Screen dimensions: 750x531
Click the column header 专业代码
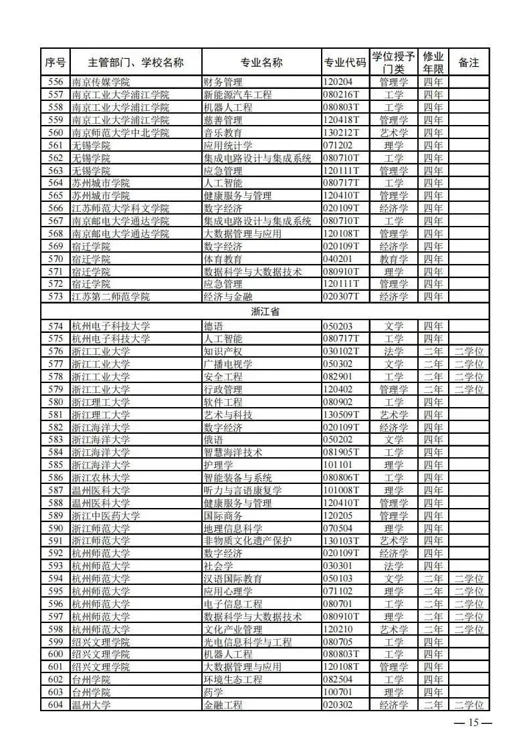[x=345, y=63]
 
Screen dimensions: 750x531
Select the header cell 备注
[x=469, y=63]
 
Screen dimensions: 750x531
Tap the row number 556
[x=56, y=82]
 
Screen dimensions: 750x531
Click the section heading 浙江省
[x=265, y=311]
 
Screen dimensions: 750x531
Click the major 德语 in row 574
[x=214, y=326]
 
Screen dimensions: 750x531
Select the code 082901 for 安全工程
[x=338, y=377]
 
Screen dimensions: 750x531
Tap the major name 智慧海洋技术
[x=233, y=453]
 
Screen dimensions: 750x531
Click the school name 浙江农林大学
[x=101, y=478]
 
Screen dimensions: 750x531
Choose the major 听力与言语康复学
[x=243, y=491]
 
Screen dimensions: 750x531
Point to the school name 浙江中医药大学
[x=106, y=515]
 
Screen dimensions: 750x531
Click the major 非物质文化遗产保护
[x=247, y=541]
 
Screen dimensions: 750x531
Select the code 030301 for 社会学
[x=338, y=566]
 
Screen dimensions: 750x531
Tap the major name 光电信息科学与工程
[x=247, y=642]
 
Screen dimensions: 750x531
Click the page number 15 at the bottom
[x=473, y=723]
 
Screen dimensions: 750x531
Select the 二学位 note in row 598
[x=469, y=629]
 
